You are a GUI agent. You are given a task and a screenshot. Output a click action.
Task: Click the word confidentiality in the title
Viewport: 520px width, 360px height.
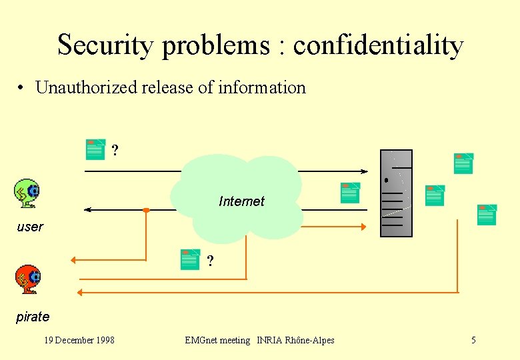click(x=378, y=45)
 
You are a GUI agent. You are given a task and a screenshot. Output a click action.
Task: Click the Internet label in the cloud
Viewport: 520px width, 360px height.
click(x=241, y=201)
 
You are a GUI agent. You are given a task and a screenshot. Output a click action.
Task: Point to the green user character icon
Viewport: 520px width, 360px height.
click(x=27, y=193)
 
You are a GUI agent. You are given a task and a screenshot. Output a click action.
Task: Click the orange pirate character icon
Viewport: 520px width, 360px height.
click(x=28, y=279)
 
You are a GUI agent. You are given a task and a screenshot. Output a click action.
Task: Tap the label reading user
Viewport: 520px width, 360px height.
click(x=30, y=227)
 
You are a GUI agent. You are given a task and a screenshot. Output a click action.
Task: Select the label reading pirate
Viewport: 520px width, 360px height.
click(x=33, y=317)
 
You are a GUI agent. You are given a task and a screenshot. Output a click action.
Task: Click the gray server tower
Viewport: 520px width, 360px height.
click(x=396, y=193)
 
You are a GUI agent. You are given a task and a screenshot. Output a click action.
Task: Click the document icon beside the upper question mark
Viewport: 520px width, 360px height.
click(x=96, y=149)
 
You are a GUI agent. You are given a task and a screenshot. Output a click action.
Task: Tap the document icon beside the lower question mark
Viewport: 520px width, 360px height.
click(x=190, y=259)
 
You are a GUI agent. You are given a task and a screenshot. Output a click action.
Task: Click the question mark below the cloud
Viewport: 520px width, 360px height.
click(x=210, y=261)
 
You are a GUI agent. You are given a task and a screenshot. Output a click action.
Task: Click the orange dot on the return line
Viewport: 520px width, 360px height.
click(x=146, y=210)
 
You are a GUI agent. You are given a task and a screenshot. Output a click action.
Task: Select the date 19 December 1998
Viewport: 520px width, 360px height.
click(x=79, y=341)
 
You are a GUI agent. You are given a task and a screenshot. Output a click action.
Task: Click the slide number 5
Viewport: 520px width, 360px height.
click(x=473, y=341)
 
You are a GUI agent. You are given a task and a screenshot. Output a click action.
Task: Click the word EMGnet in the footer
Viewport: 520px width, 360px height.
click(x=201, y=341)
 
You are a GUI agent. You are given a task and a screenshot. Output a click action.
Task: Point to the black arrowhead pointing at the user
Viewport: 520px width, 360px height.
click(x=88, y=210)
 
